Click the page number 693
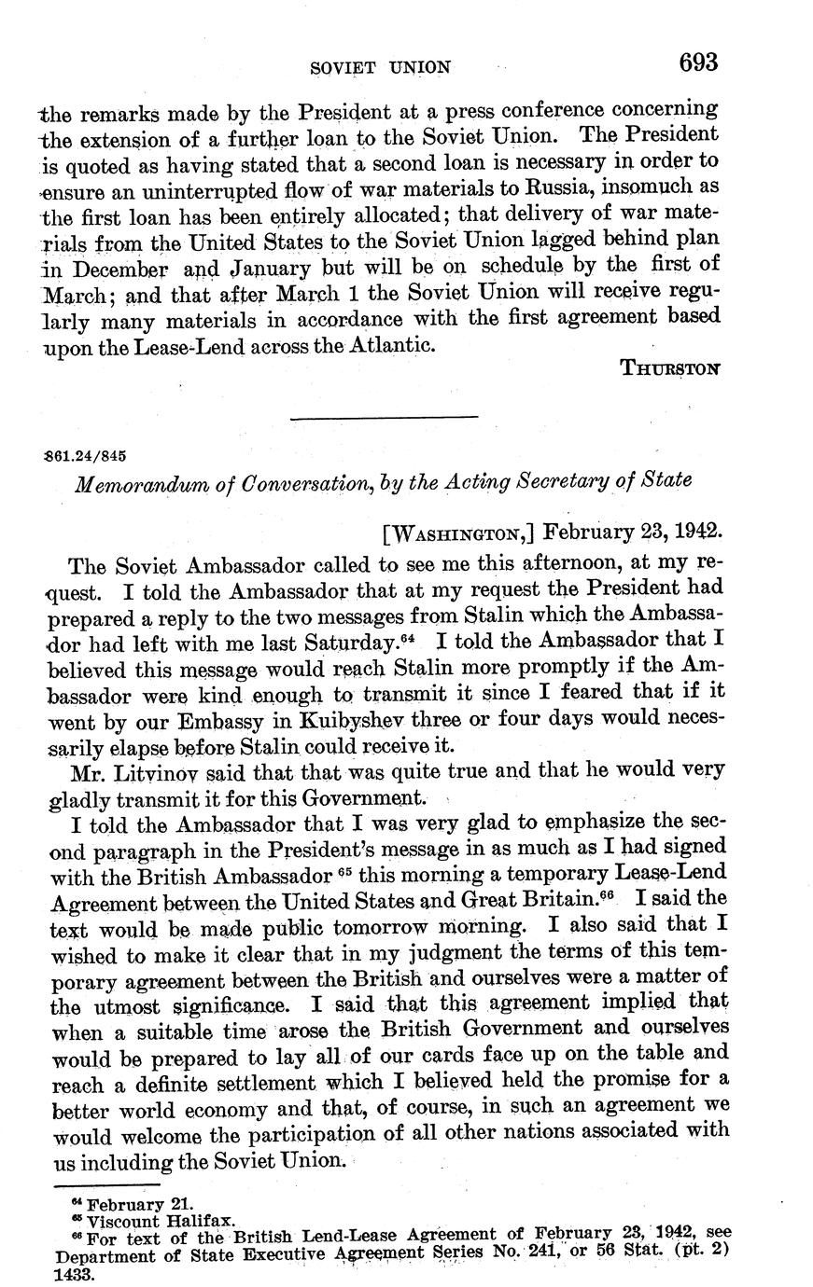click(x=698, y=62)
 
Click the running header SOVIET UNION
click(x=380, y=67)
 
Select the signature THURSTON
click(x=670, y=367)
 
